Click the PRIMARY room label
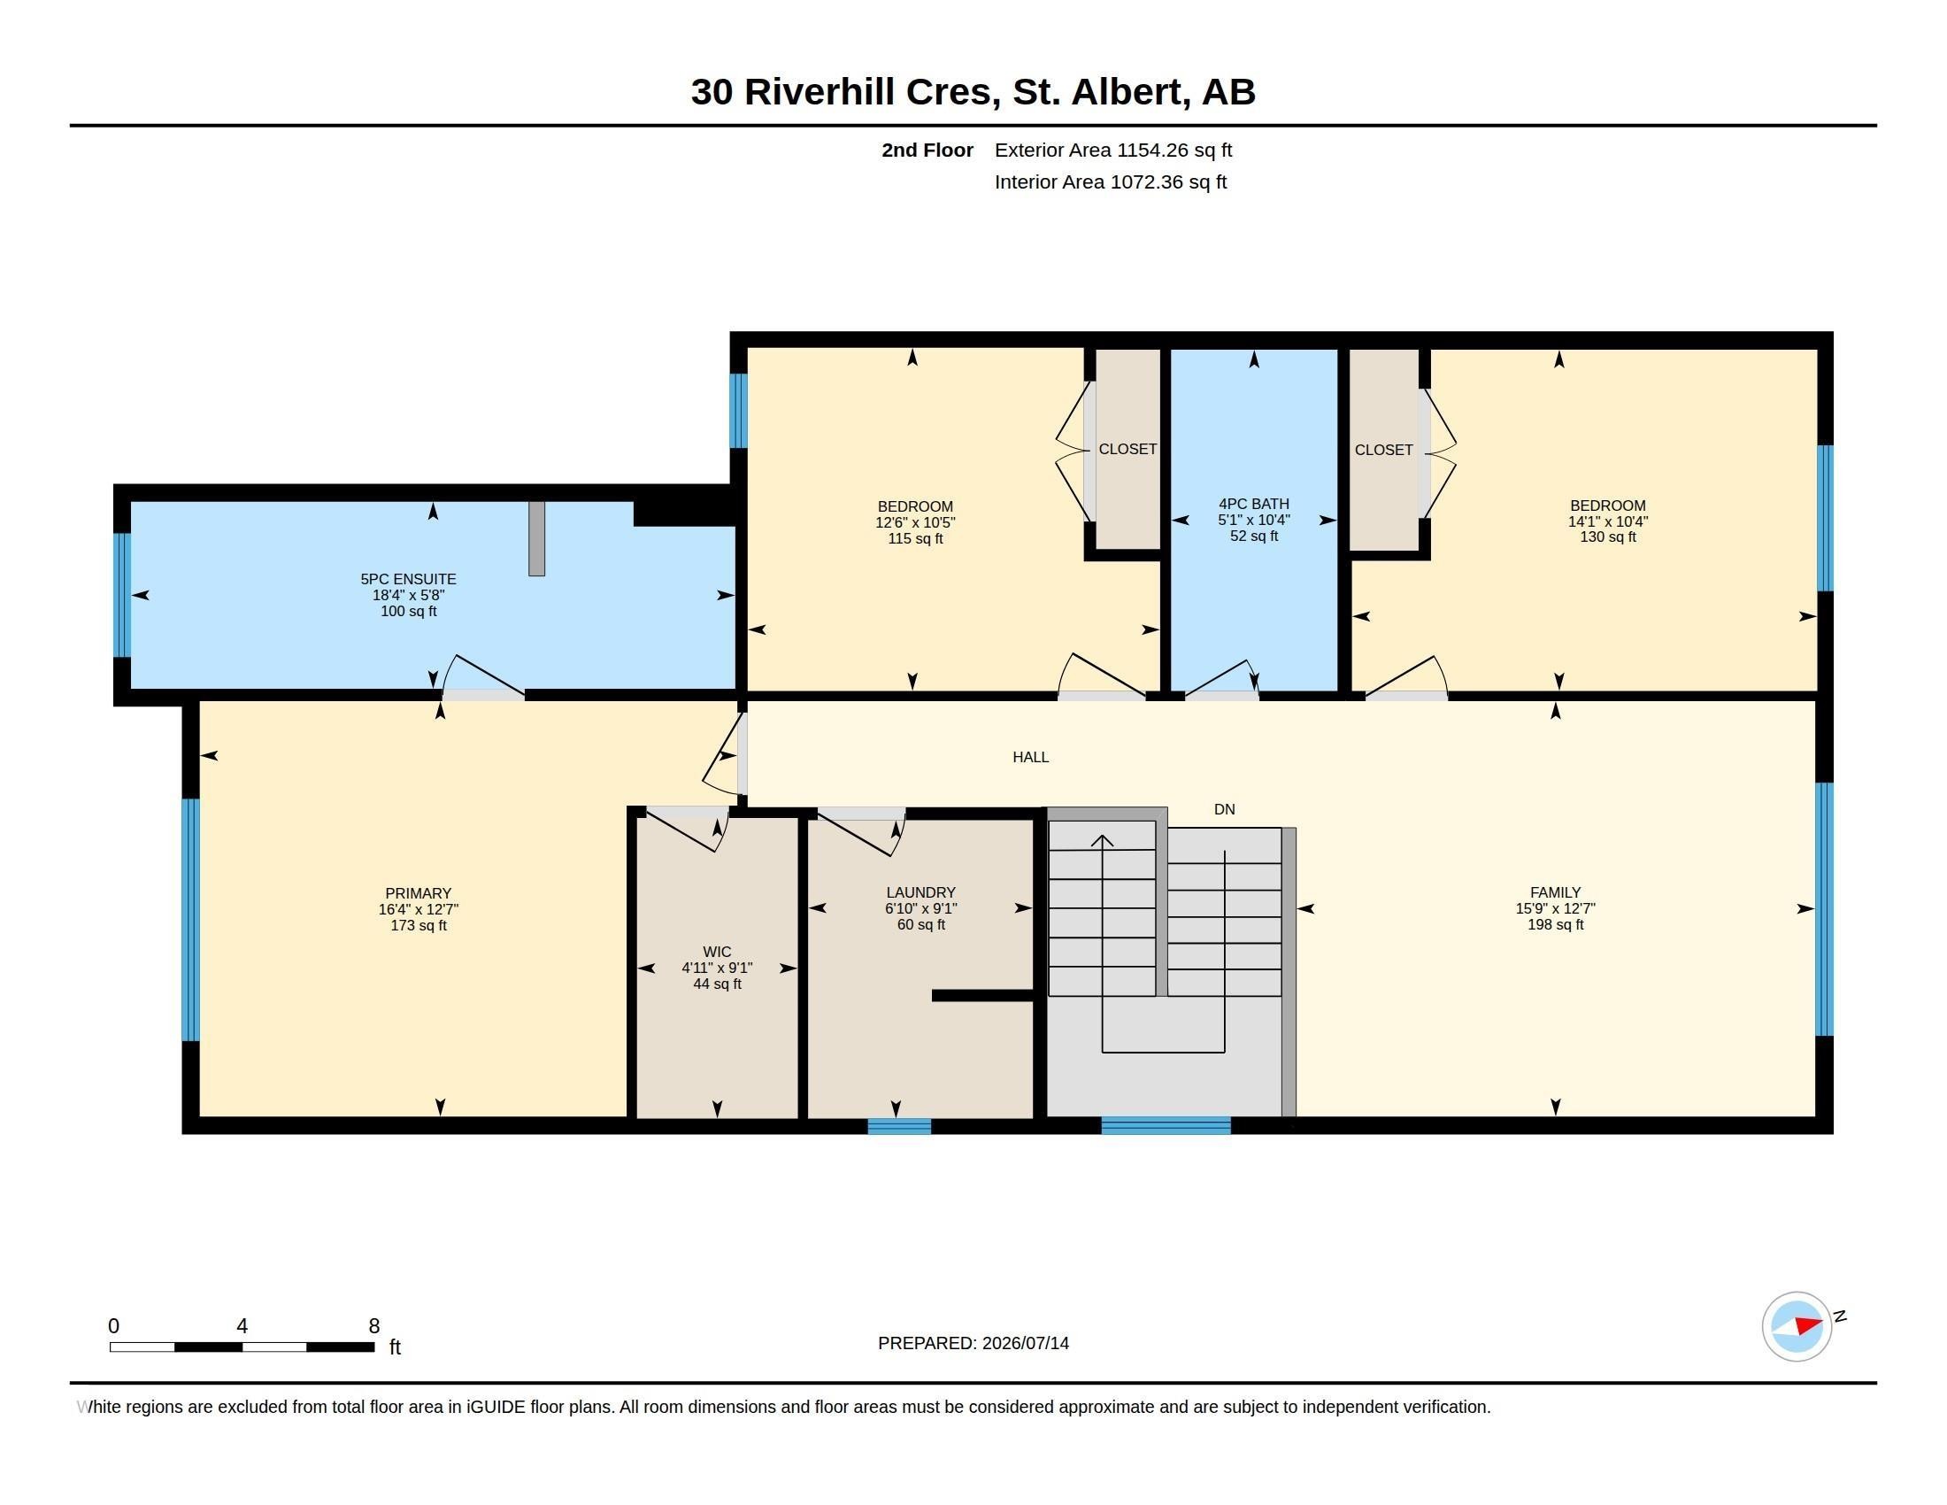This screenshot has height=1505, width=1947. click(418, 893)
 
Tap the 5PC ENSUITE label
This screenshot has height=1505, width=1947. click(408, 580)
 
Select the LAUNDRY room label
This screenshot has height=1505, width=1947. click(921, 892)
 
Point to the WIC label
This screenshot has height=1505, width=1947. click(717, 953)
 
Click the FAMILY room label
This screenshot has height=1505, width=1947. click(1556, 892)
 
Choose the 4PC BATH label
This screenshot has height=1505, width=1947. click(1254, 504)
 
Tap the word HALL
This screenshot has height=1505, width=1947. click(1030, 757)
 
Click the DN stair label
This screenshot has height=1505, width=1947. click(1224, 809)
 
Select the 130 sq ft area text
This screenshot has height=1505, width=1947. click(1608, 536)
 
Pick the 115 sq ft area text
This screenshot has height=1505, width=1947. click(916, 538)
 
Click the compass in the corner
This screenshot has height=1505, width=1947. click(1797, 1327)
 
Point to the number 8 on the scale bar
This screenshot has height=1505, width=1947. click(374, 1326)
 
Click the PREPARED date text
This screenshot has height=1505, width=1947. click(973, 1343)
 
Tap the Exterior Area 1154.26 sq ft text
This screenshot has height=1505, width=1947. click(1113, 150)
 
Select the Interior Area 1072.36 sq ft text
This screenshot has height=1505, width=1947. click(1111, 181)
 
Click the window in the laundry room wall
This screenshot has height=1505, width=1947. click(899, 1126)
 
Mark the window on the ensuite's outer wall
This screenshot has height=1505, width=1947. click(122, 595)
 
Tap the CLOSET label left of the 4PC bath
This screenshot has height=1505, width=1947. click(1127, 450)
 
